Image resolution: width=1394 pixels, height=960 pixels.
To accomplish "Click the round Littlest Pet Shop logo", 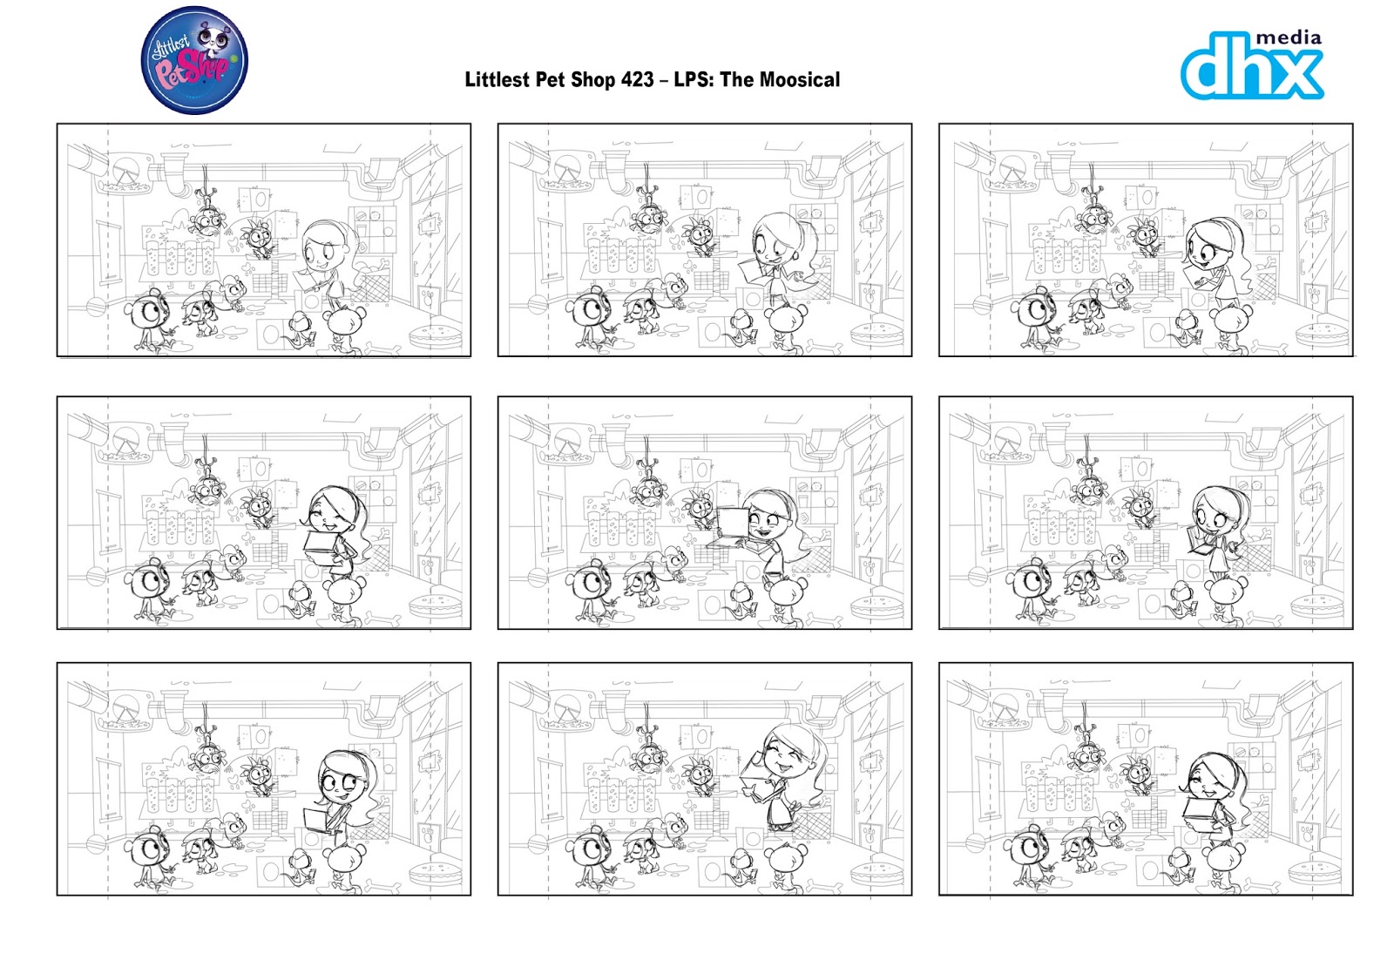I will (194, 61).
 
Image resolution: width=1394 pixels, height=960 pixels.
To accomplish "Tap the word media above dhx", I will (1289, 37).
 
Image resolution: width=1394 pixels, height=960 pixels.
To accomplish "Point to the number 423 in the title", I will (637, 80).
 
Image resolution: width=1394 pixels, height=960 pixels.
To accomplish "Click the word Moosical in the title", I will (802, 80).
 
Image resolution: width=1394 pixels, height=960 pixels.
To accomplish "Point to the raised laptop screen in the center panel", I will (730, 522).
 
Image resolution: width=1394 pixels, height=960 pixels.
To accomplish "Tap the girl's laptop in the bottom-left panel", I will (317, 820).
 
